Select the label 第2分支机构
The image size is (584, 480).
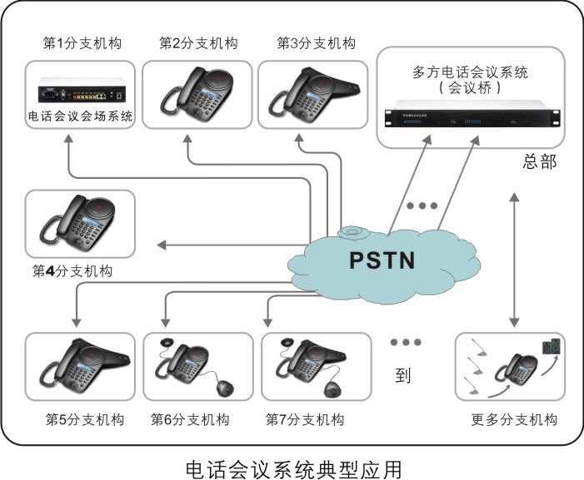(x=198, y=43)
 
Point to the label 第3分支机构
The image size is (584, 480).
(x=316, y=43)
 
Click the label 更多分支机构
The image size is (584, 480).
(x=514, y=418)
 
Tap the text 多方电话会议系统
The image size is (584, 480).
(x=470, y=72)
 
